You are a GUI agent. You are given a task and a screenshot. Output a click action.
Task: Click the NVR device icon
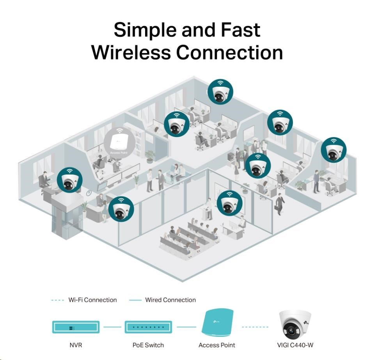[x=76, y=327]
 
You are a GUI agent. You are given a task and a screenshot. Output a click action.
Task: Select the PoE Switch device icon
[x=148, y=327]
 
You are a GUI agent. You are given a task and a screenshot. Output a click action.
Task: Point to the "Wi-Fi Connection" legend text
[x=92, y=300]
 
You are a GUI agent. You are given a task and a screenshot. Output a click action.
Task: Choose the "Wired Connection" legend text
[x=170, y=300]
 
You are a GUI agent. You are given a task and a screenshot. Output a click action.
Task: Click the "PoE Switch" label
[x=148, y=345]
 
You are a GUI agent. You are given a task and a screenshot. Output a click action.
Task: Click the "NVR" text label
[x=76, y=345]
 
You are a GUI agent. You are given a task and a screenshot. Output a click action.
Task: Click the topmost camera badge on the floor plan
[x=220, y=91]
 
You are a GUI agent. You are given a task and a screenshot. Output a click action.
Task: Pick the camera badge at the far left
[x=70, y=180]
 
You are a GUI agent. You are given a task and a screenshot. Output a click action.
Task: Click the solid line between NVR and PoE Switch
[x=112, y=327]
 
